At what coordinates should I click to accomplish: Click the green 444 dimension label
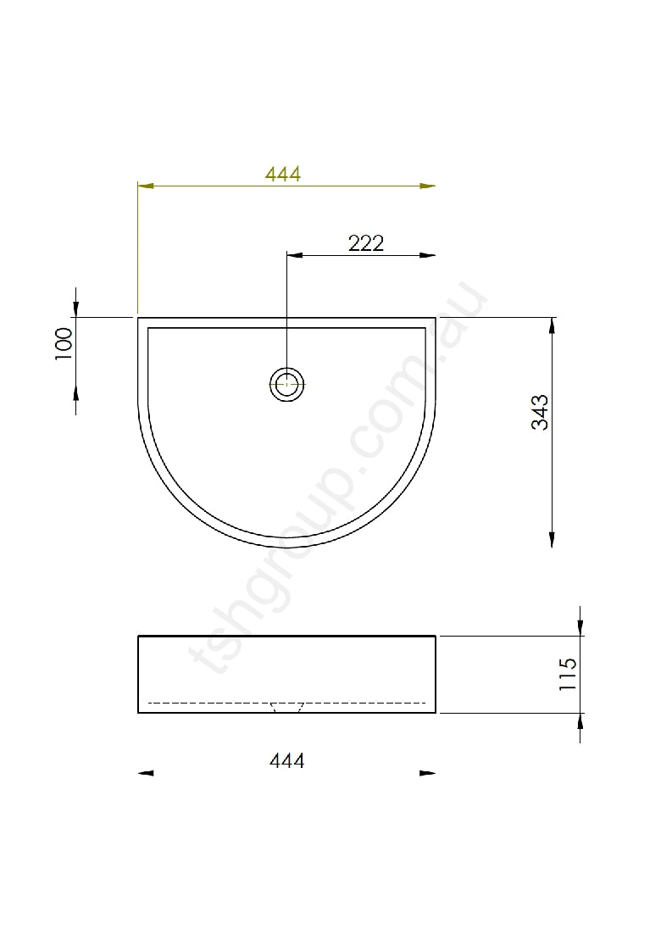pos(283,174)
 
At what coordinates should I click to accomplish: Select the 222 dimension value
pos(366,243)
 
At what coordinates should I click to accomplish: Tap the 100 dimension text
pos(64,344)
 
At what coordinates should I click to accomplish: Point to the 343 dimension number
pos(541,412)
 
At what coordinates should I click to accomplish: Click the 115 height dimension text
pos(568,675)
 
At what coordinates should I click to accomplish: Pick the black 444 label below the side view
pos(286,760)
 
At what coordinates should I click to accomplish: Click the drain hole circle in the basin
pos(287,384)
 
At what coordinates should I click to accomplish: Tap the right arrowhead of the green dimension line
pos(428,186)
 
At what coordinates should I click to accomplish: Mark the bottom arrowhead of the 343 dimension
pos(553,539)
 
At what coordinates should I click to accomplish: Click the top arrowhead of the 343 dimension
pos(553,325)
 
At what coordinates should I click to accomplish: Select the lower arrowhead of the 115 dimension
pos(580,721)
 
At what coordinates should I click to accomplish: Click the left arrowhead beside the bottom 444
pos(146,773)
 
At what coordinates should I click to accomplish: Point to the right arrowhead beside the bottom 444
pos(428,773)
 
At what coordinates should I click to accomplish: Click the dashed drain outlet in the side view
pos(286,707)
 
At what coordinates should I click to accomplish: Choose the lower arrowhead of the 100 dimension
pos(76,391)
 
